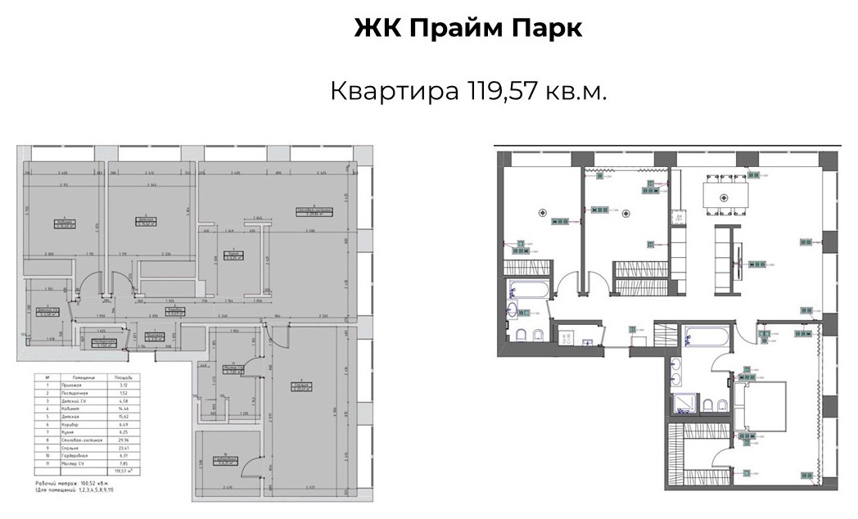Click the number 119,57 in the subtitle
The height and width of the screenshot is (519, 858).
[503, 90]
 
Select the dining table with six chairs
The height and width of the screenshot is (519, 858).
[724, 197]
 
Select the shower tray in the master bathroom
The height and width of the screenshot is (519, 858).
[682, 402]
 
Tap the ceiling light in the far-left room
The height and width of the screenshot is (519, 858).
[542, 213]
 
